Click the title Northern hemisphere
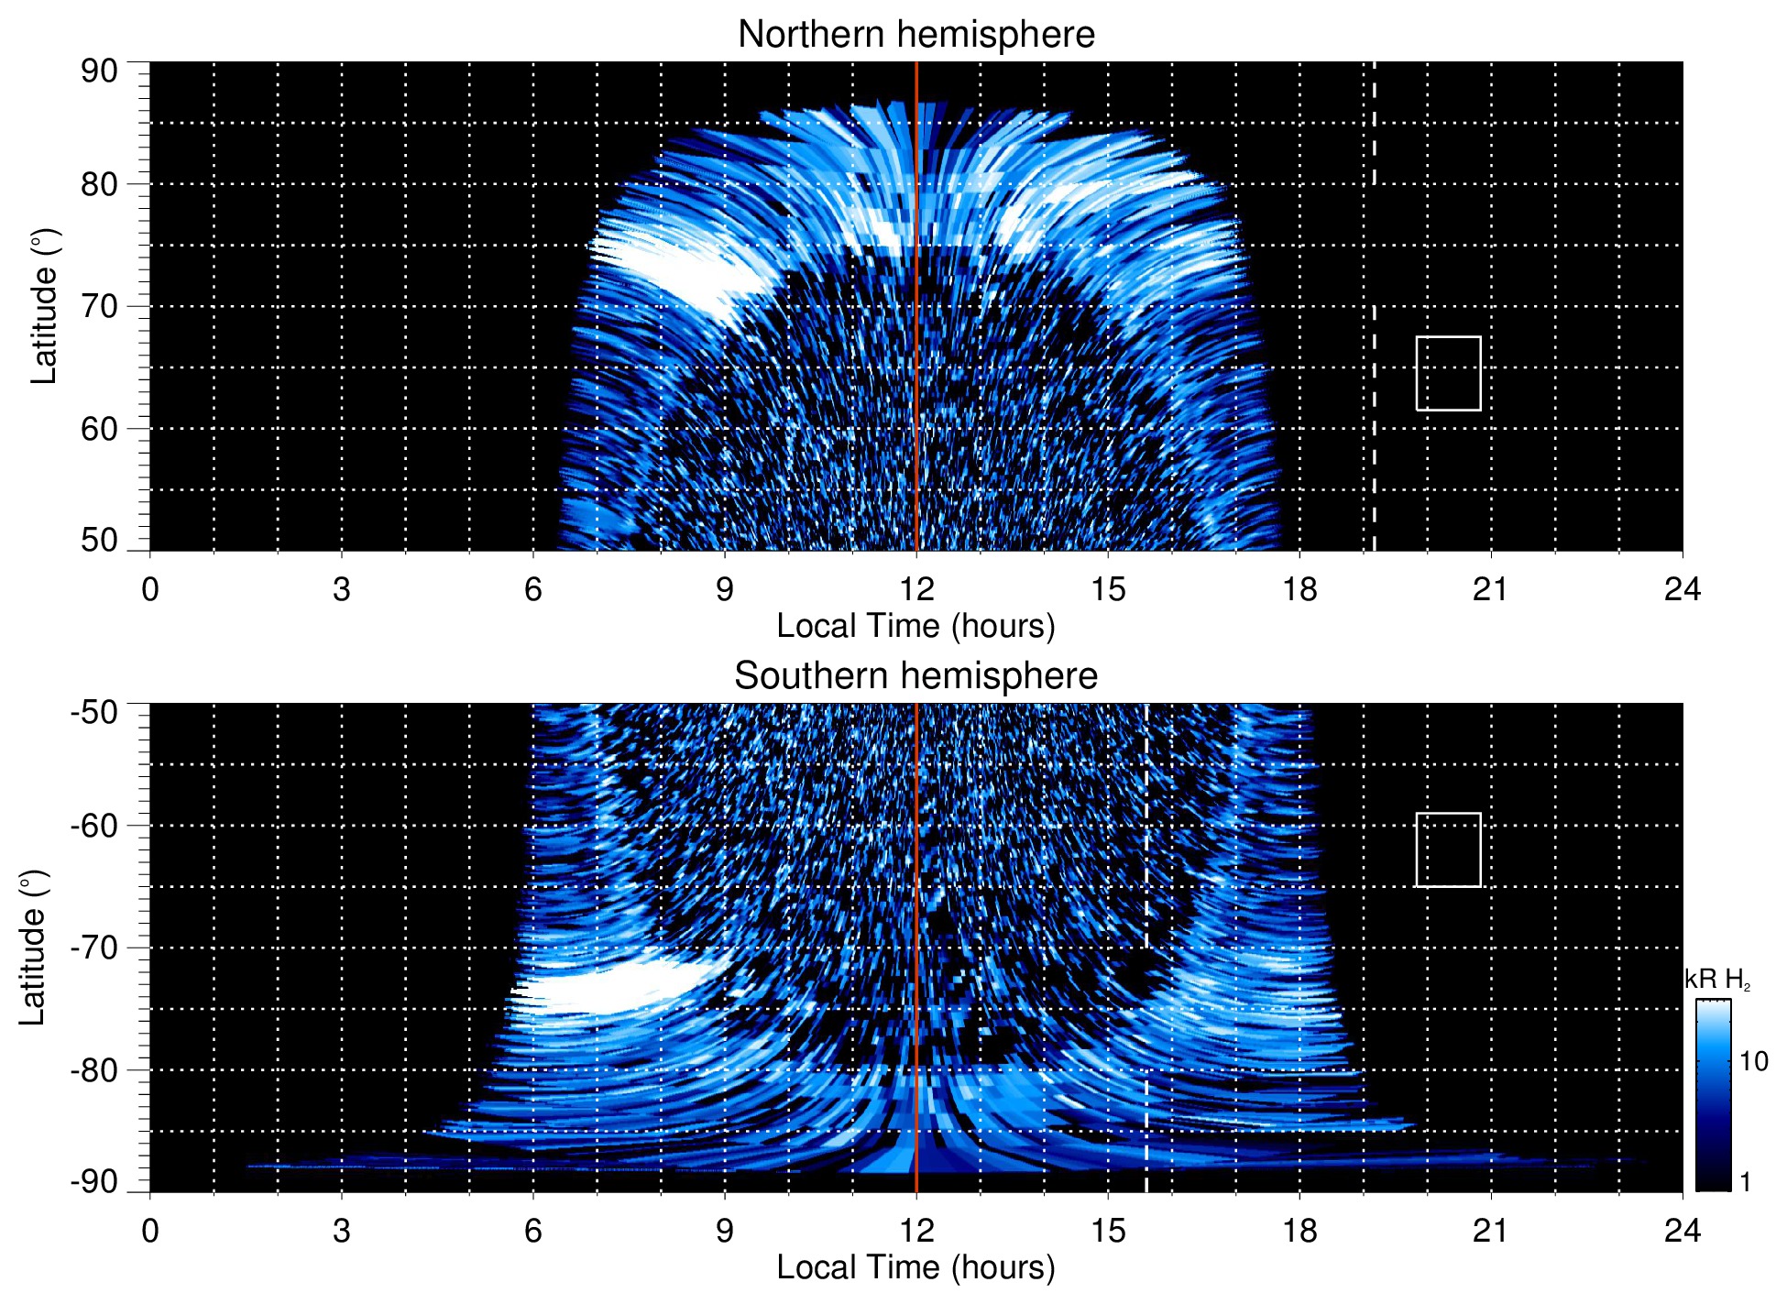coord(915,35)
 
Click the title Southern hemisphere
coord(915,676)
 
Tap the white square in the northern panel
coord(1448,373)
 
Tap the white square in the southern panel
coord(1448,849)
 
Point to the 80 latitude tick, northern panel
coord(100,184)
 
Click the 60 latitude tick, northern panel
coord(100,429)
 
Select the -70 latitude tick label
coord(94,948)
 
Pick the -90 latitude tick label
coord(94,1182)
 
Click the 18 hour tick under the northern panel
coord(1299,589)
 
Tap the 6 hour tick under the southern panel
coord(533,1231)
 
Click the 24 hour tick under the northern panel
coord(1682,589)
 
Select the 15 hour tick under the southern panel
coord(1108,1231)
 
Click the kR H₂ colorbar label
coord(1717,980)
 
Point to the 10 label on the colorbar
coord(1753,1062)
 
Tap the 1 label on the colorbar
coord(1745,1182)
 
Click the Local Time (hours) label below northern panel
coord(915,626)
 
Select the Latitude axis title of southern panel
coord(33,948)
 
